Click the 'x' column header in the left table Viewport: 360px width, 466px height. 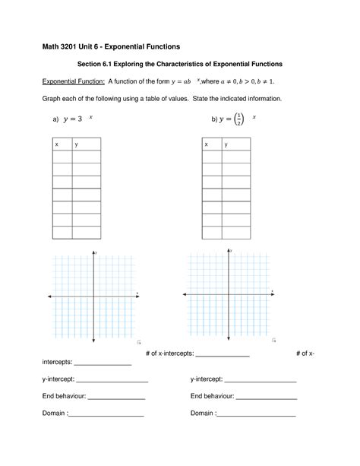56,144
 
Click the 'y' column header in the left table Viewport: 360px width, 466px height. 76,144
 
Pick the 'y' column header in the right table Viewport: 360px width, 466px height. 225,144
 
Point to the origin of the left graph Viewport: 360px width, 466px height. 93,296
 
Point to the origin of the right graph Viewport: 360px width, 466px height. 228,294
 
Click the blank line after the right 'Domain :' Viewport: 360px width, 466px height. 256,416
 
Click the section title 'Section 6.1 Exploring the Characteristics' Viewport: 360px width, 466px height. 180,65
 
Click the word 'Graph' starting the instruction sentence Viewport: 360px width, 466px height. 52,99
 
